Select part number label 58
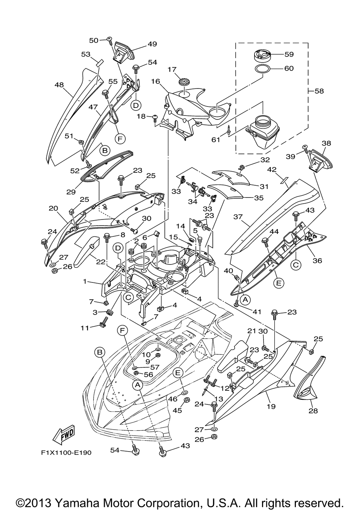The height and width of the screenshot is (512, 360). pyautogui.click(x=319, y=91)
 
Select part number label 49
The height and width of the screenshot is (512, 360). pyautogui.click(x=152, y=44)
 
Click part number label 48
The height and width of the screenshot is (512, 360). pyautogui.click(x=59, y=85)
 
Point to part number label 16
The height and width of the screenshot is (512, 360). pyautogui.click(x=155, y=82)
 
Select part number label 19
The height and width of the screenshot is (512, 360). pyautogui.click(x=271, y=406)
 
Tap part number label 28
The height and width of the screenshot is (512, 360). pyautogui.click(x=313, y=411)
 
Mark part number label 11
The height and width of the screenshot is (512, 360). pyautogui.click(x=85, y=328)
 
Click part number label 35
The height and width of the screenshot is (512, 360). pyautogui.click(x=258, y=198)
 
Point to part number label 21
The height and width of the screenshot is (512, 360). pyautogui.click(x=251, y=330)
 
